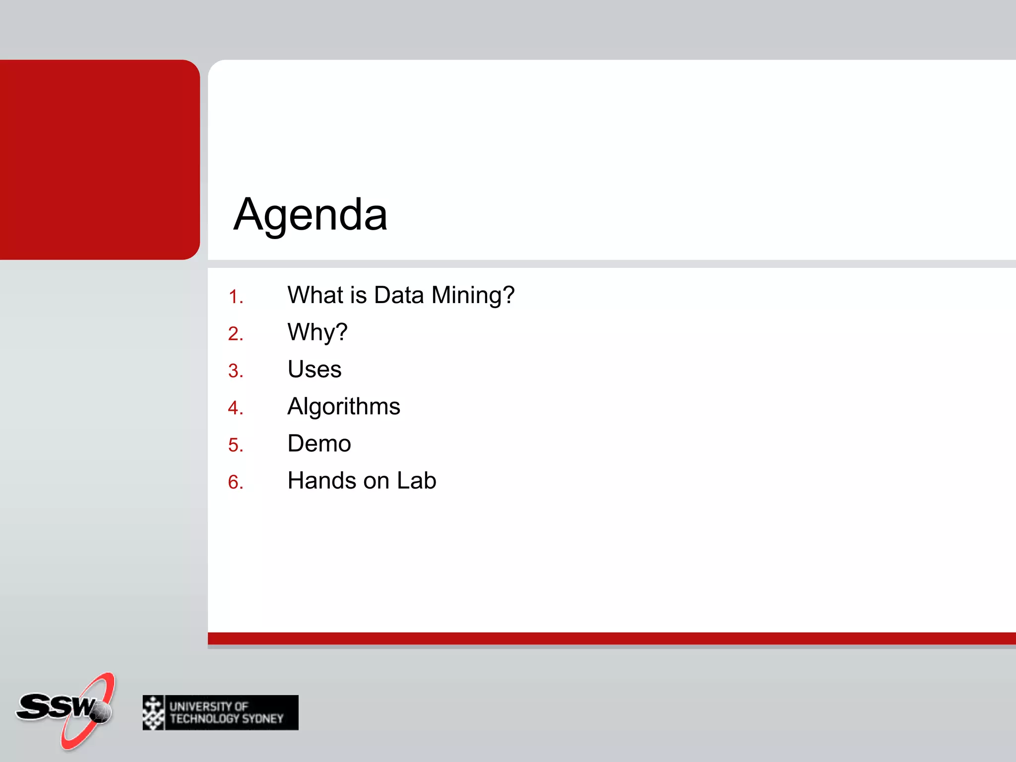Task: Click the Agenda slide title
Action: (310, 214)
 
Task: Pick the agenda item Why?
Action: (317, 332)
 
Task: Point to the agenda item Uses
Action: (315, 370)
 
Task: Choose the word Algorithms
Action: (344, 407)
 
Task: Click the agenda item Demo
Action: (319, 444)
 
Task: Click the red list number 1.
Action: (235, 297)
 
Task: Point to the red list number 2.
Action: (235, 334)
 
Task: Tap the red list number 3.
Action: (235, 371)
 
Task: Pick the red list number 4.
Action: (235, 408)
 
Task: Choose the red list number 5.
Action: (235, 445)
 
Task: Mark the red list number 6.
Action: (235, 482)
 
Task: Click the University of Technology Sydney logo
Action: (220, 712)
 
